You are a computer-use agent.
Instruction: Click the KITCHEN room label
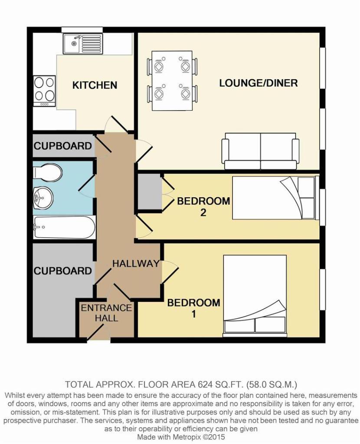95,85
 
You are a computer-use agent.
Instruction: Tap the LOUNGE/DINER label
258,83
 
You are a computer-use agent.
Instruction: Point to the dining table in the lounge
172,80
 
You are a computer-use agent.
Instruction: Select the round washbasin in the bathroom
43,199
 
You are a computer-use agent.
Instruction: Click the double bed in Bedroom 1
255,295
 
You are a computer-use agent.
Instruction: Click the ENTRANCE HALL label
106,313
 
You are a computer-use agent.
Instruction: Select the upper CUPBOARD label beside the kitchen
63,146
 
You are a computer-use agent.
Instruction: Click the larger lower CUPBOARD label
63,271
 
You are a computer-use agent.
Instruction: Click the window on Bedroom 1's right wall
322,290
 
